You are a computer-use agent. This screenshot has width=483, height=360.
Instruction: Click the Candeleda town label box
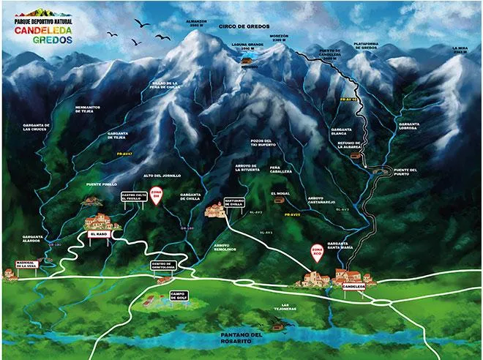coord(354,287)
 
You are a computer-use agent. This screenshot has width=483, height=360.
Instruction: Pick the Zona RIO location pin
coord(318,252)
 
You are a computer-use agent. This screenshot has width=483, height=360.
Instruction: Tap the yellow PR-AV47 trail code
coord(123,154)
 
